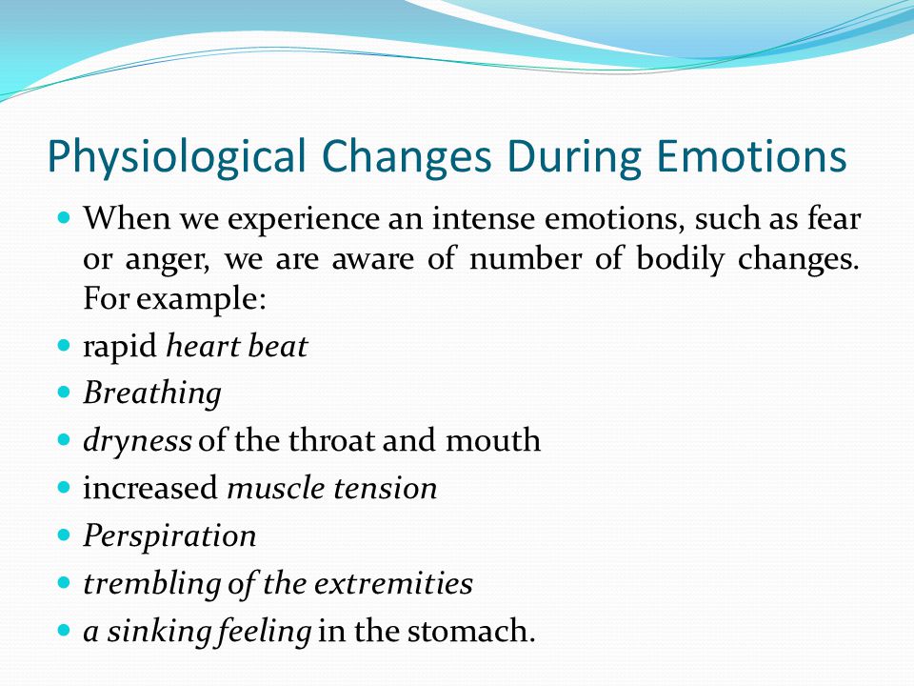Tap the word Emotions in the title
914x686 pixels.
tap(751, 155)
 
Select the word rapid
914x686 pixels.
tap(120, 347)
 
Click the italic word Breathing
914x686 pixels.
tap(152, 393)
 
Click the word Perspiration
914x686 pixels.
tap(169, 536)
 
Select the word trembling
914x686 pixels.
tap(152, 584)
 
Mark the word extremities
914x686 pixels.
tap(388, 583)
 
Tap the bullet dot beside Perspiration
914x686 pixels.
tap(64, 535)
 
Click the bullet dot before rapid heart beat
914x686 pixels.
tap(64, 345)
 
